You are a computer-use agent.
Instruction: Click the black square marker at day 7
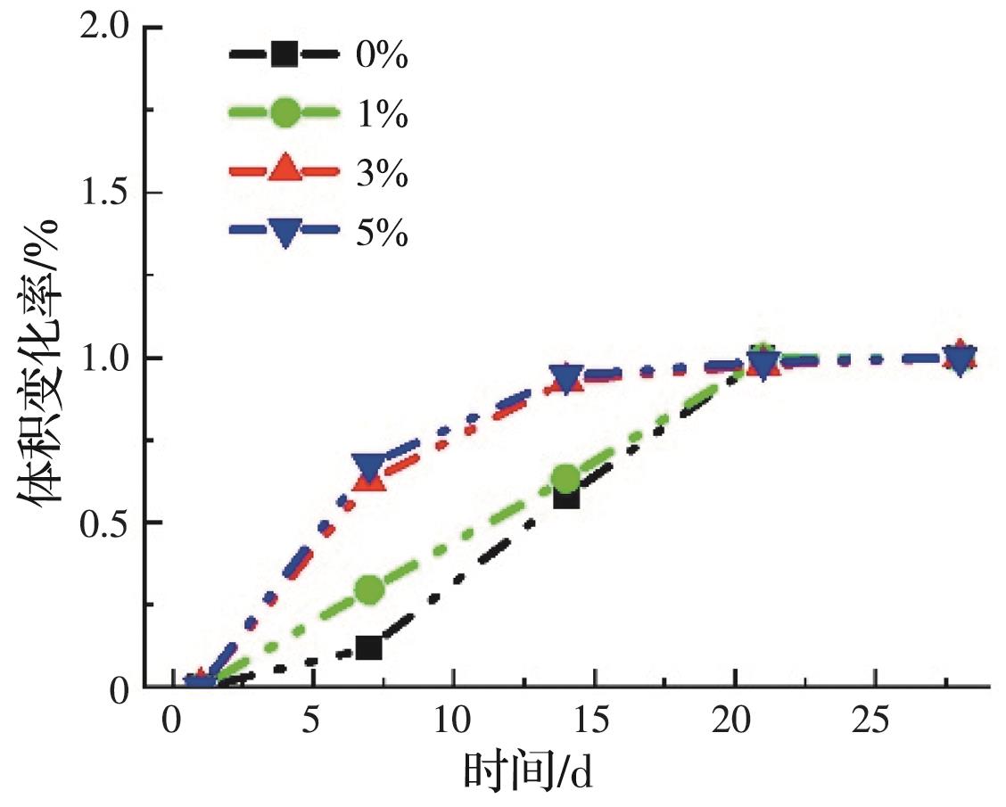[x=368, y=646]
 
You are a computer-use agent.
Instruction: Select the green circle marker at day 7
[x=369, y=589]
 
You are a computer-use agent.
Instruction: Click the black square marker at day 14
[x=566, y=496]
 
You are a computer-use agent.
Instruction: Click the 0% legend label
[x=382, y=57]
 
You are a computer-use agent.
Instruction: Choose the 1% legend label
[x=382, y=115]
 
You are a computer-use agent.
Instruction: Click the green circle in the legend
[x=284, y=112]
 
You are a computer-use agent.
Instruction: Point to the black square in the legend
[x=284, y=55]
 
